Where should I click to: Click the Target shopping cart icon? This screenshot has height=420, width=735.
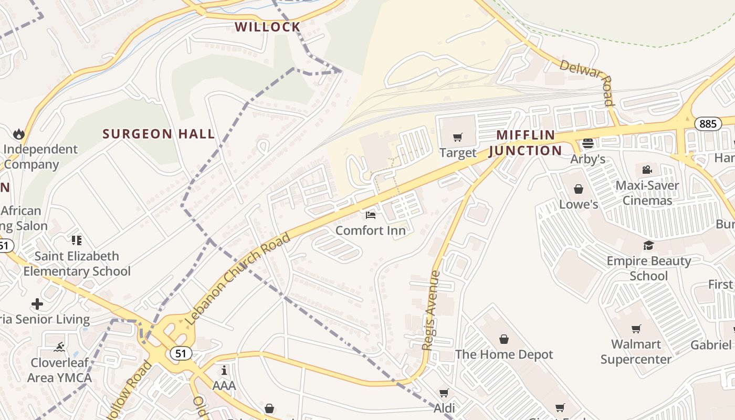(x=457, y=138)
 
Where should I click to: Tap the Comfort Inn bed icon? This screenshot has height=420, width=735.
(x=371, y=215)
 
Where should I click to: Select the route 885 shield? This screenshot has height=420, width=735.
(x=707, y=124)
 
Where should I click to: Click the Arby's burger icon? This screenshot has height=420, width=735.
(x=587, y=143)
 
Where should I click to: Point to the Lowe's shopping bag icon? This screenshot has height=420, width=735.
(x=579, y=188)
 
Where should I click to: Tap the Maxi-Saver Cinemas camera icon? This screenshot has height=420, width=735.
(x=647, y=170)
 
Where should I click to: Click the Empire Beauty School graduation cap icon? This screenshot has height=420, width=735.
(x=649, y=245)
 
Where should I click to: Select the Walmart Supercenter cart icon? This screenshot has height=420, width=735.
(x=636, y=329)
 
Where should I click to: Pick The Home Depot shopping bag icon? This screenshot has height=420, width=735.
(x=504, y=339)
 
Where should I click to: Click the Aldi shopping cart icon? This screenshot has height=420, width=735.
(x=444, y=393)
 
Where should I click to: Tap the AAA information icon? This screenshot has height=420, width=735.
(x=224, y=370)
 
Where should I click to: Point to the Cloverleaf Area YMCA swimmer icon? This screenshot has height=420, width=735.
(x=59, y=347)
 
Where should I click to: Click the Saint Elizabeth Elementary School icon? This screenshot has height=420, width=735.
(x=77, y=240)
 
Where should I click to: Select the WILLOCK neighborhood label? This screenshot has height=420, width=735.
(x=267, y=27)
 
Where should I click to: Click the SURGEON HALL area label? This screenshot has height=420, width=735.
(x=159, y=134)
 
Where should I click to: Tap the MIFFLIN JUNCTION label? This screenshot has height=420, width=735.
(x=525, y=143)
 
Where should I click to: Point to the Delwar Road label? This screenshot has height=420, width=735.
(x=587, y=82)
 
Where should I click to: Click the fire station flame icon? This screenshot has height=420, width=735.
(x=19, y=133)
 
